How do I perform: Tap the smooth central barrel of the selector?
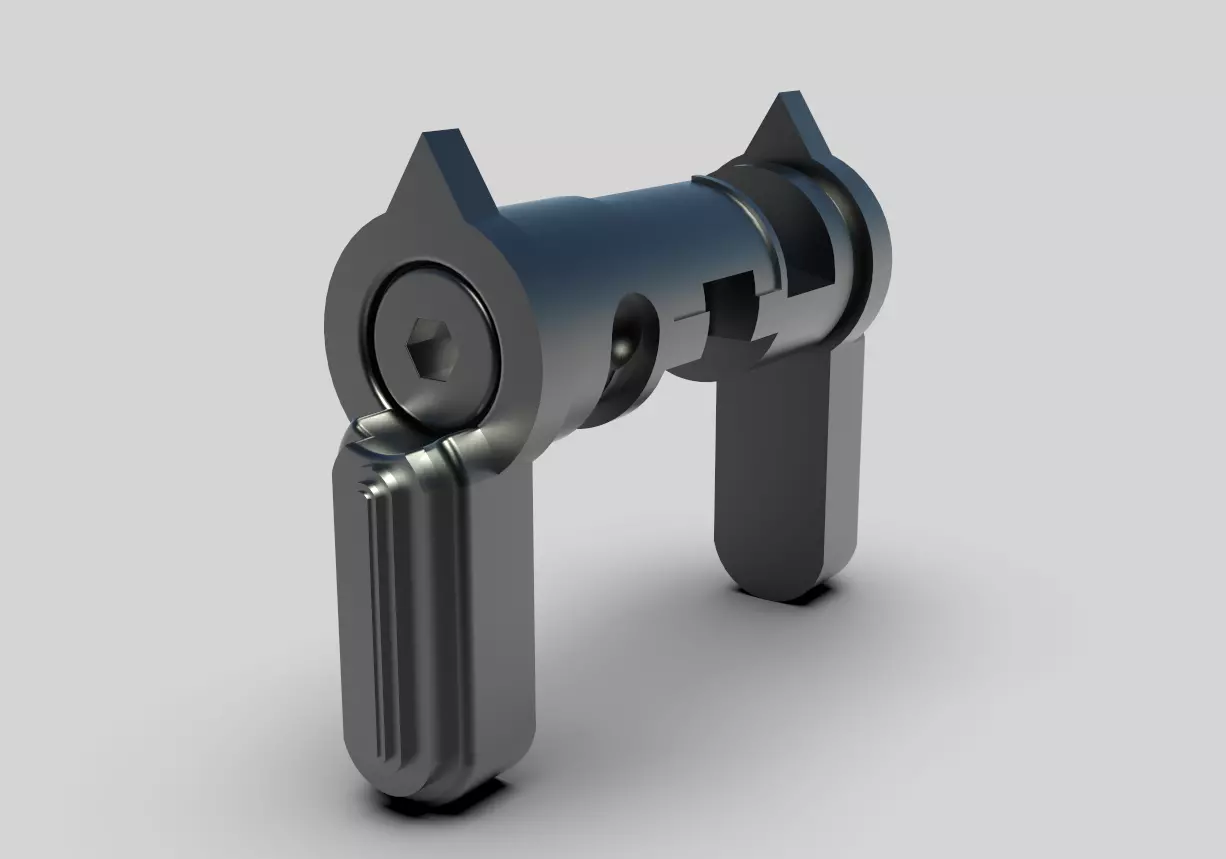click(600, 250)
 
